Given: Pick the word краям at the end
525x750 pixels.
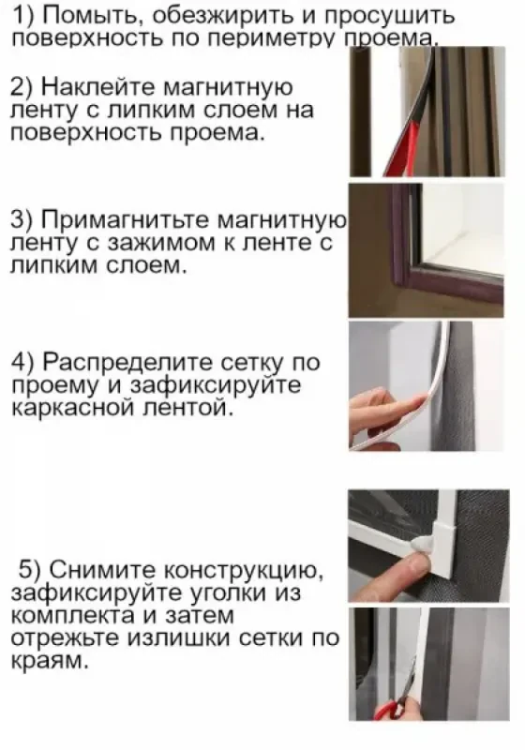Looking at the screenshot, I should pos(47,662).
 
